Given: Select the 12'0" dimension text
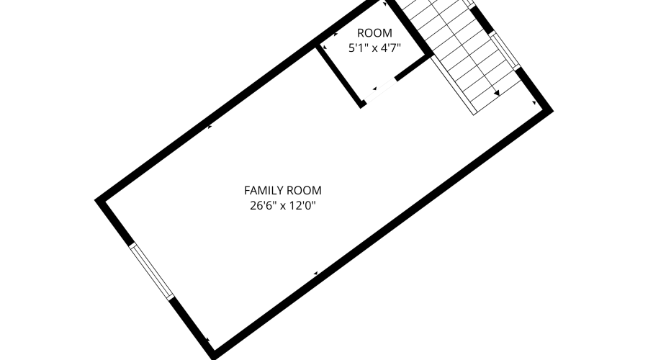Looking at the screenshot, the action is (x=302, y=205).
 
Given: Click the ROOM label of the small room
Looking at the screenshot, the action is (x=374, y=33).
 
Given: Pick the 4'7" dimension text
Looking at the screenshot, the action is (x=391, y=48).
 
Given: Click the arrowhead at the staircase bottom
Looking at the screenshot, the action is (x=497, y=93).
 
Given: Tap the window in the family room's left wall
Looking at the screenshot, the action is (x=151, y=271).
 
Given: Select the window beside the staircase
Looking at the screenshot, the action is (x=505, y=50).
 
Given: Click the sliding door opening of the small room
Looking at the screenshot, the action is (x=380, y=90).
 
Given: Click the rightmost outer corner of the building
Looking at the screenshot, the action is (x=553, y=110).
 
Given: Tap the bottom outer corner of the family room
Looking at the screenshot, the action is (x=213, y=359).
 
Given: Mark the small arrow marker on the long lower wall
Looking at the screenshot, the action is (x=315, y=273).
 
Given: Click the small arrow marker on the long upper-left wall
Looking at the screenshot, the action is (x=210, y=127).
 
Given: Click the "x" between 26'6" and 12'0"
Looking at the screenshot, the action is (x=283, y=206).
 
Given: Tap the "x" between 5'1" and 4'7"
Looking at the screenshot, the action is (x=374, y=49).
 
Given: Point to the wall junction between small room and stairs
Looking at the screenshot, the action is (x=430, y=54).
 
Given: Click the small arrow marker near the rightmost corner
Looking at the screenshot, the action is (x=534, y=102).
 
